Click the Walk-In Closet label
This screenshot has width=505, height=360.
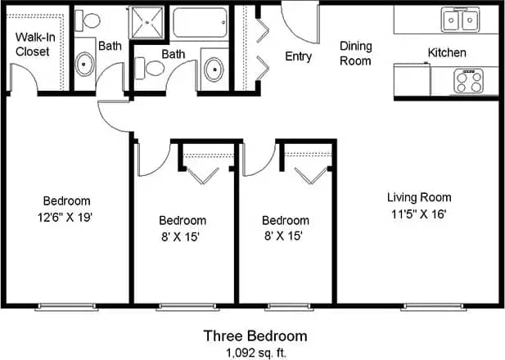(33, 44)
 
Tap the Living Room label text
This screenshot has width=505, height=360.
(419, 197)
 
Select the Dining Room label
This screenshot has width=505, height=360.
(355, 53)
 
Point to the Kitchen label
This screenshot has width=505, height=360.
(447, 53)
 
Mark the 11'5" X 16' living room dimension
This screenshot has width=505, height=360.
(419, 214)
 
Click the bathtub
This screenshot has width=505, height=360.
(199, 22)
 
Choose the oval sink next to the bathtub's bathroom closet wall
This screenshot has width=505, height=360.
(214, 68)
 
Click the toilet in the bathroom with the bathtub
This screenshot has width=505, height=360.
(148, 70)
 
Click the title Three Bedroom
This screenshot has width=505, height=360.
(255, 335)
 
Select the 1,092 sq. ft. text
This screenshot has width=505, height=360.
(255, 352)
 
